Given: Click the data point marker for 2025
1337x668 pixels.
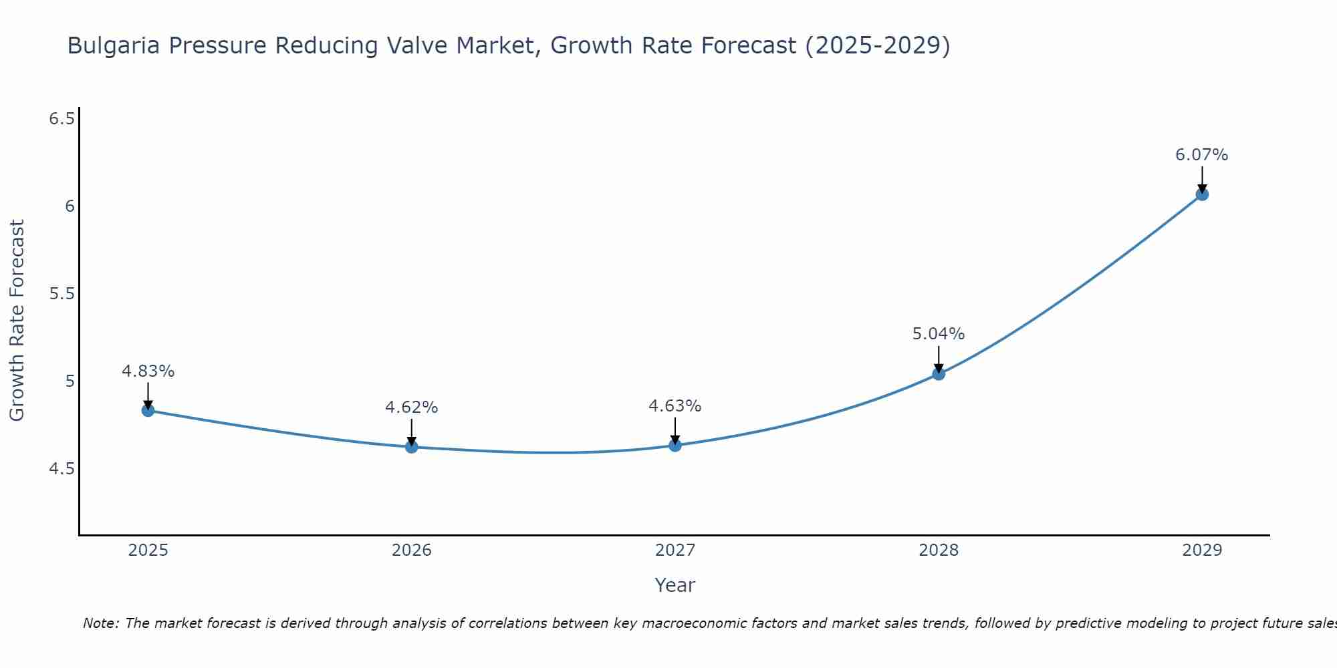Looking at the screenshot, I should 148,410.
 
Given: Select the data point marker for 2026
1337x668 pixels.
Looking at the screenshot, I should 411,447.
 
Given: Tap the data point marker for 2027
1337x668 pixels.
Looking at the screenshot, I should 675,445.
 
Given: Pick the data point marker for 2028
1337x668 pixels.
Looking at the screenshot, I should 938,373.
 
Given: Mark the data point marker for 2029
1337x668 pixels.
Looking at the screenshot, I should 1201,194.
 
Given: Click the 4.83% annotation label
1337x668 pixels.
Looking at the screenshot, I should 148,371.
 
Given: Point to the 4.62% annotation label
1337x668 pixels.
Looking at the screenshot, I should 411,407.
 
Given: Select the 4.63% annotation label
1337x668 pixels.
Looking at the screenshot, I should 675,406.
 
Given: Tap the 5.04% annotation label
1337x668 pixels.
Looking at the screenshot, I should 938,334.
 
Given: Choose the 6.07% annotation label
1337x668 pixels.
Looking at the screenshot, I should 1201,155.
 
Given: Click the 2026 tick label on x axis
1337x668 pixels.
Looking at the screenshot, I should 411,550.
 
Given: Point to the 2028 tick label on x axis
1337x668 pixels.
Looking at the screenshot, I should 938,550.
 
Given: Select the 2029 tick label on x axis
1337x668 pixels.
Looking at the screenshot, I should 1201,550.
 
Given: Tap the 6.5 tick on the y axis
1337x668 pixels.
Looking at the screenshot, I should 62,119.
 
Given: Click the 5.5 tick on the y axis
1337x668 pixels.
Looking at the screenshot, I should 62,294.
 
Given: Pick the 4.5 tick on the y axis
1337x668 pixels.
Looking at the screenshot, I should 62,469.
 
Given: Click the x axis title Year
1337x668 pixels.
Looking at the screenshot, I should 675,585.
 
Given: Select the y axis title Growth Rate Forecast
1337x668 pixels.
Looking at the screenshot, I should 17,321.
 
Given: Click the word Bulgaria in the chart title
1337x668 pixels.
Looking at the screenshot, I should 114,46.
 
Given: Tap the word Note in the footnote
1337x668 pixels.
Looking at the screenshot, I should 100,623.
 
